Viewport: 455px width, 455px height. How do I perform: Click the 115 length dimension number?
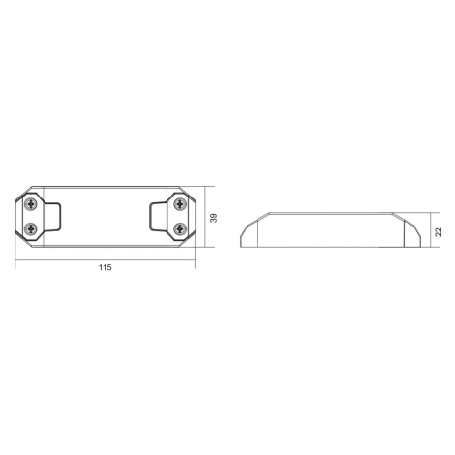(x=106, y=267)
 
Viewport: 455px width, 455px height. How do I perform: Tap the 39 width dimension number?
(x=214, y=218)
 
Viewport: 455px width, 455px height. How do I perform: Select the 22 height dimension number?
(x=438, y=232)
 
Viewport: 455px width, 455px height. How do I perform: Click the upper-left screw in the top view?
(x=31, y=204)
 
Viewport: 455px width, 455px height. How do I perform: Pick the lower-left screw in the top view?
(x=31, y=229)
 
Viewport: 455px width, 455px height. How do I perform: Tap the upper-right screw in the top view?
(x=180, y=204)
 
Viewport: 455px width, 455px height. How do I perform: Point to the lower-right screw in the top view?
(x=180, y=229)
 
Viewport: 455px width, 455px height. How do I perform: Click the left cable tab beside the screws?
(x=52, y=217)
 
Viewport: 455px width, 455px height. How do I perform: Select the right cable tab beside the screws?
(x=159, y=217)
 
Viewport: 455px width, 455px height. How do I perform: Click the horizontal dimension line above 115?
(x=106, y=259)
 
